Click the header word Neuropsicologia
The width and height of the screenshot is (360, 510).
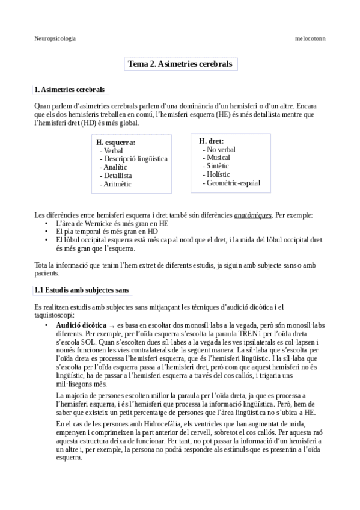coord(55,38)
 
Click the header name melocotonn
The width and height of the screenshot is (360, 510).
coord(310,38)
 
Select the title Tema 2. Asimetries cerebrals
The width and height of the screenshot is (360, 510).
coord(180,64)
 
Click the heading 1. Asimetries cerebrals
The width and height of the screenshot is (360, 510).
coord(70,90)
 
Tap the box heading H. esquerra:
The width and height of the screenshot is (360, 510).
coord(116,142)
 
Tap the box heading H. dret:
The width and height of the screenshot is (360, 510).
coord(212,141)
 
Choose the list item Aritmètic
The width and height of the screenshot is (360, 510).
coord(117,184)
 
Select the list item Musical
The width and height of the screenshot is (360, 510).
coord(218,158)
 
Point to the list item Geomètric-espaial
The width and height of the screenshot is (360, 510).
coord(233,183)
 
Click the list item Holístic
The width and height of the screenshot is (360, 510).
coord(218,174)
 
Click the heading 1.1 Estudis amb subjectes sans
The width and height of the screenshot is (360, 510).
coord(82,290)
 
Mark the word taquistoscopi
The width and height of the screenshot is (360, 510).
coord(55,315)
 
